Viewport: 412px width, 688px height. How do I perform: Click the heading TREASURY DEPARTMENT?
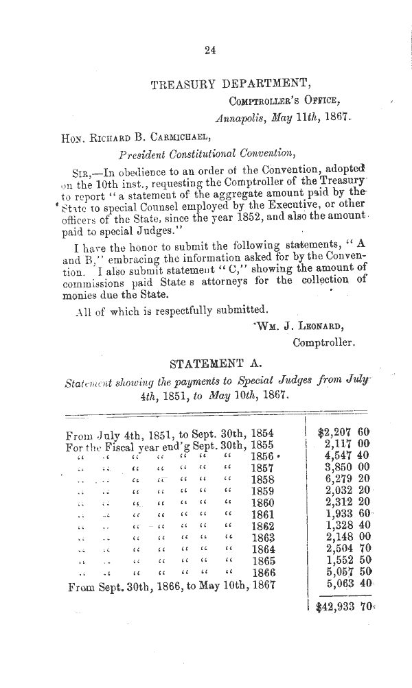coord(227,85)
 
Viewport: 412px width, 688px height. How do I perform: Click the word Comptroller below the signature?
coord(323,342)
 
